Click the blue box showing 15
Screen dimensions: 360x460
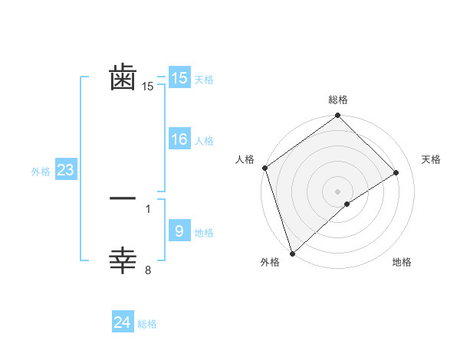(x=179, y=78)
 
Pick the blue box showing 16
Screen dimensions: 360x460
(x=179, y=139)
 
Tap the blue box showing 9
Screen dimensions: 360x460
(x=179, y=231)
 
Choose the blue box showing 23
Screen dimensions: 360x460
(x=65, y=170)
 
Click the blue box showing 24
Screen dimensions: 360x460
(x=123, y=322)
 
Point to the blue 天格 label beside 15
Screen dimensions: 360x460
(x=204, y=80)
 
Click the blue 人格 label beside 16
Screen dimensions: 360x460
(x=204, y=141)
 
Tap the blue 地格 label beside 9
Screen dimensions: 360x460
(x=204, y=232)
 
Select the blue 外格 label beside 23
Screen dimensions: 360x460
(x=41, y=172)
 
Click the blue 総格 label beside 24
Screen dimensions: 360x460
(x=147, y=324)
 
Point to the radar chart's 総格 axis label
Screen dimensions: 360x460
(x=337, y=100)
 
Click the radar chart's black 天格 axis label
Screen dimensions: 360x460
(x=431, y=159)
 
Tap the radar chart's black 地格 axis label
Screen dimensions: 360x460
(x=402, y=262)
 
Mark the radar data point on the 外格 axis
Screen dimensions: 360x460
(x=291, y=254)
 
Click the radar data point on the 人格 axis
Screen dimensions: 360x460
(x=264, y=168)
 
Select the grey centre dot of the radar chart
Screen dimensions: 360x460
(x=337, y=191)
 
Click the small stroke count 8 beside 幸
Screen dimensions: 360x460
(x=148, y=270)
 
